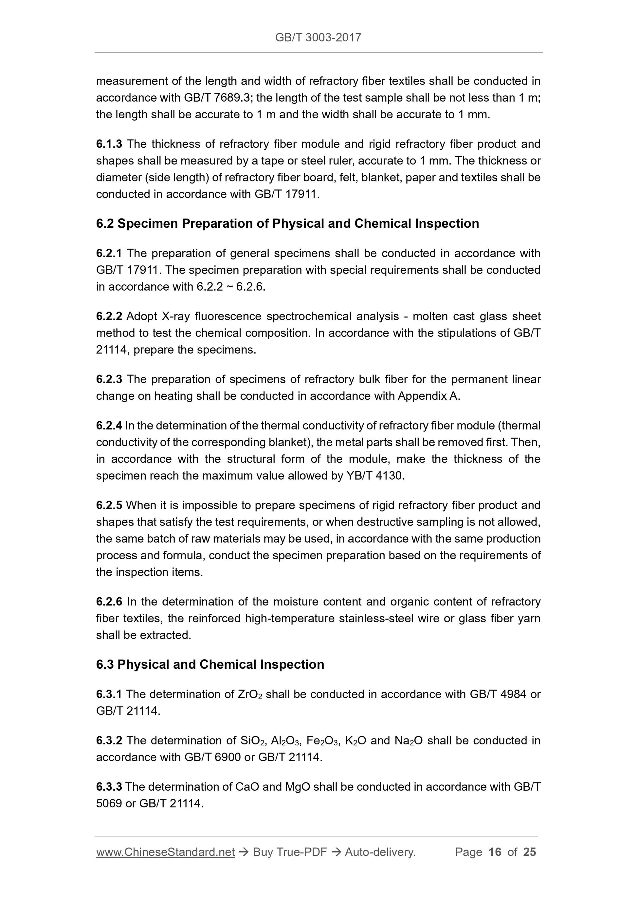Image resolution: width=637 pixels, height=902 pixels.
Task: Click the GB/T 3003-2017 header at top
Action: click(x=318, y=37)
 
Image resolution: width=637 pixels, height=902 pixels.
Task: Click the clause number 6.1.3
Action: click(x=109, y=144)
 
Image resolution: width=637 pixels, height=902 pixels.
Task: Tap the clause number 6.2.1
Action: click(x=109, y=253)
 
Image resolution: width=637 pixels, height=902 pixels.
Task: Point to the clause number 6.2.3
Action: click(x=109, y=379)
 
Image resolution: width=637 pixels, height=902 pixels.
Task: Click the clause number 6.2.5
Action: click(x=109, y=505)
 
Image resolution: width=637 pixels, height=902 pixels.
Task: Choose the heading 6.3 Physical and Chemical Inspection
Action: click(x=210, y=664)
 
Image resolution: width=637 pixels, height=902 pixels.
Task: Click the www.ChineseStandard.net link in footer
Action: click(x=165, y=852)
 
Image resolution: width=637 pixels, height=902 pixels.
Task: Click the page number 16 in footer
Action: click(x=495, y=852)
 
